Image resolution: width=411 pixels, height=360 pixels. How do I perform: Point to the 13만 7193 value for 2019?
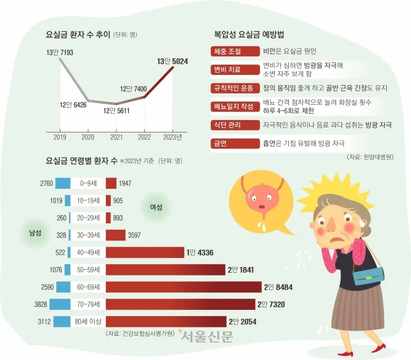[60, 52]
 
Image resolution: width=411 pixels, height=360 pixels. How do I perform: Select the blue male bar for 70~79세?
[60, 305]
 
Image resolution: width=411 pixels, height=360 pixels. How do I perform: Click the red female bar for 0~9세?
[111, 183]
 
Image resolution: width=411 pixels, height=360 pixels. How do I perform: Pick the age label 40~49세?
[88, 252]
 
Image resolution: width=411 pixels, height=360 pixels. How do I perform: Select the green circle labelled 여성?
[155, 207]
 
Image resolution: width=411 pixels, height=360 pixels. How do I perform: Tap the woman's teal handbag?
[369, 275]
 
